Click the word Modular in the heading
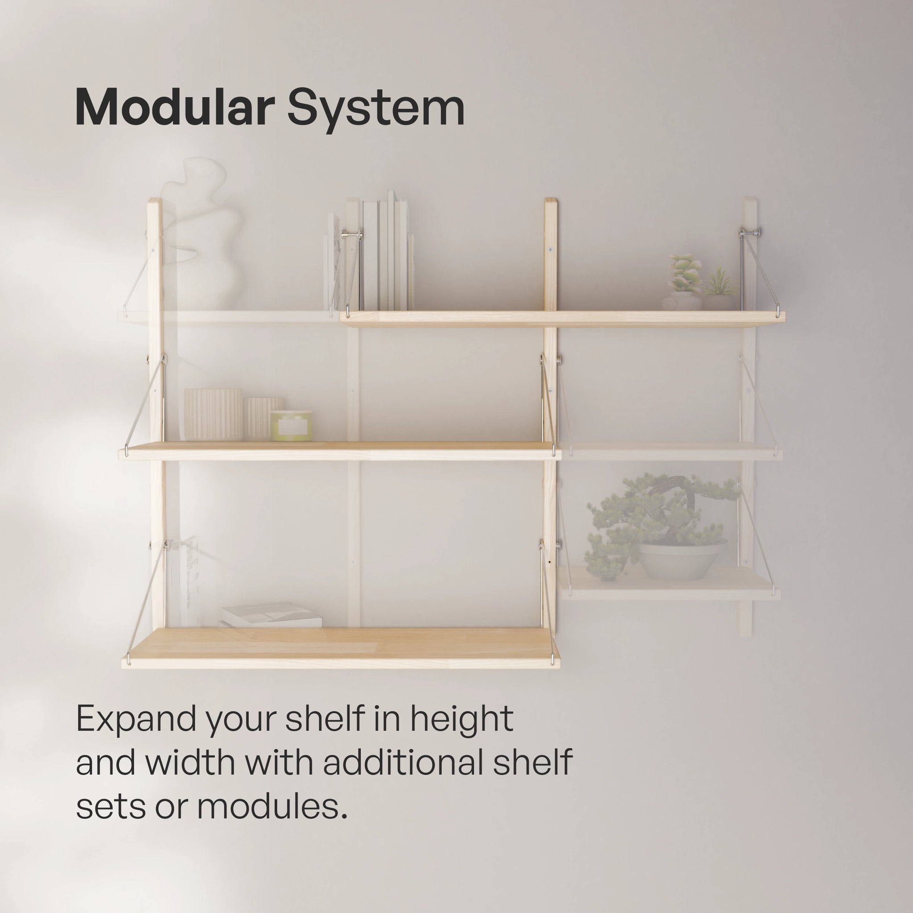[x=175, y=108]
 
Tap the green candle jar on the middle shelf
[x=291, y=425]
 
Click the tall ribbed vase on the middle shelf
[x=213, y=415]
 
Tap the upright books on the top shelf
[x=387, y=255]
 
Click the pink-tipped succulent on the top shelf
[x=684, y=274]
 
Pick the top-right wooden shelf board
[x=562, y=319]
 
